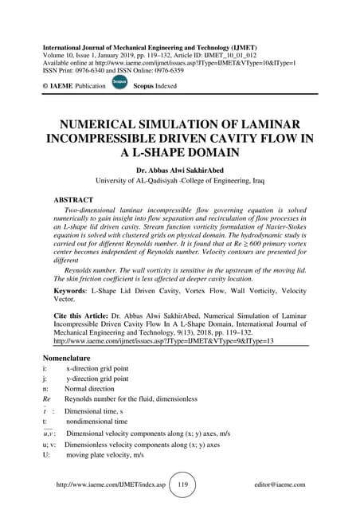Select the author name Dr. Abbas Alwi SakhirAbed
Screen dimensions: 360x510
[179, 169]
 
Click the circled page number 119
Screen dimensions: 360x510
[182, 484]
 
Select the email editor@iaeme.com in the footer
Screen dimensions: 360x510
[280, 484]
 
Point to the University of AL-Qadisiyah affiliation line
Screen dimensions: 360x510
[179, 181]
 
